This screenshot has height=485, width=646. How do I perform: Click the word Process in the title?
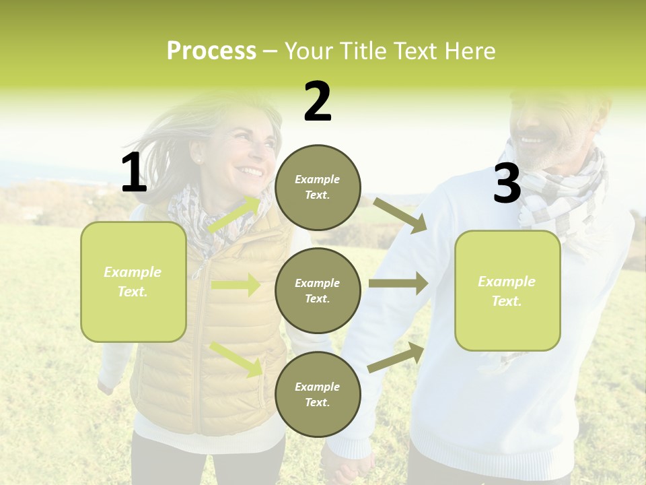coord(211,51)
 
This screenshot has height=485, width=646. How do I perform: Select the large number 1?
coord(134,173)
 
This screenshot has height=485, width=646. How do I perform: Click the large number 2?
coord(318,102)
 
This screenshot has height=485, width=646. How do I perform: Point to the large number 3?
coord(507,183)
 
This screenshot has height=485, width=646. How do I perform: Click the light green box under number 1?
coord(133,282)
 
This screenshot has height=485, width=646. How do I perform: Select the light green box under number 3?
coord(507,290)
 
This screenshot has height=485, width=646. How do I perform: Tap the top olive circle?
coord(318,187)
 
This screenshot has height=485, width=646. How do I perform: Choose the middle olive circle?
coord(318,290)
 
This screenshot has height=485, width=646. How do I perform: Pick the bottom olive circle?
coord(318,394)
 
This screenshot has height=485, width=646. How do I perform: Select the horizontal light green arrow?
coord(236,285)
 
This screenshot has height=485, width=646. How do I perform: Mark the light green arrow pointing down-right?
coord(236,358)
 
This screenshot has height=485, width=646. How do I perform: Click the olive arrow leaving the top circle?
coord(400,215)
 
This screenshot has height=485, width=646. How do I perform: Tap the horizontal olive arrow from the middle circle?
coord(398,283)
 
